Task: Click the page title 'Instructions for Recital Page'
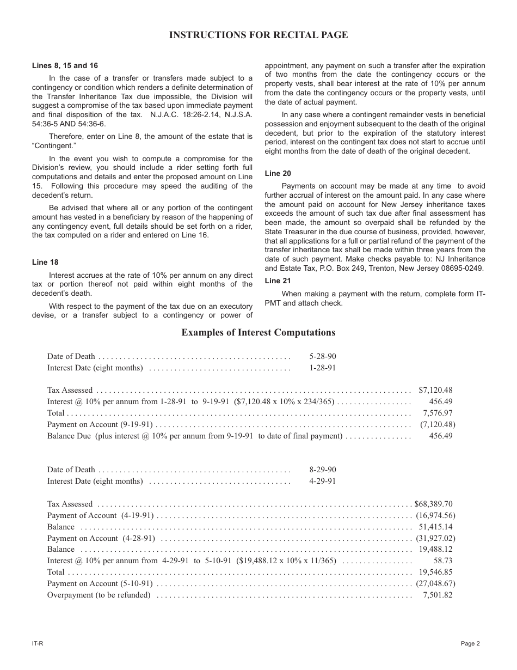(258, 35)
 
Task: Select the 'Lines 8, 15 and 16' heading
(65, 65)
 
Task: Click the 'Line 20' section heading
(278, 173)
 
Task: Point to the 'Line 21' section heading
(278, 281)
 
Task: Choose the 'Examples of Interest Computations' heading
(258, 332)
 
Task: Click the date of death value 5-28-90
(323, 356)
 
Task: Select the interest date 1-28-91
(323, 368)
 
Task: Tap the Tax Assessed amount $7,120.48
(435, 390)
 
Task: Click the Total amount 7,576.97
(438, 413)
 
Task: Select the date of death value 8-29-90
(323, 470)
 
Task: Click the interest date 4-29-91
(323, 481)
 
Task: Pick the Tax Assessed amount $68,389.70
(433, 504)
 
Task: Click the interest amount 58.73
(442, 561)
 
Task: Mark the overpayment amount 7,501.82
(438, 595)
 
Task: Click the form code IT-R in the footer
(38, 643)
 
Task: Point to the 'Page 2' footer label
(470, 643)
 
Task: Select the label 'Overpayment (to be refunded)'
(99, 595)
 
